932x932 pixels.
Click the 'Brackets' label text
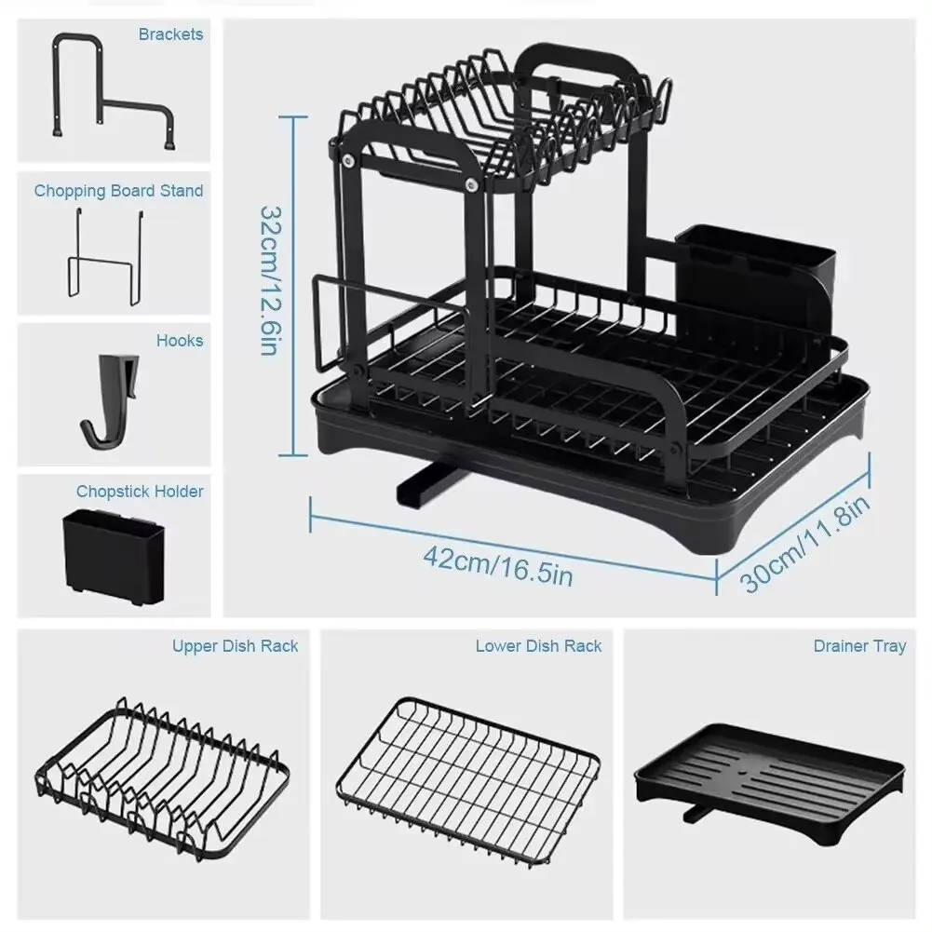point(170,34)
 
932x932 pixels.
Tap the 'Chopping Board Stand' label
point(118,191)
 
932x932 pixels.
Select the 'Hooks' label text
point(179,341)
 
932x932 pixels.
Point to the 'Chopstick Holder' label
point(140,491)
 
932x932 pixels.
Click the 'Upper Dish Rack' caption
point(235,645)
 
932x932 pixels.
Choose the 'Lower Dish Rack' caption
point(538,645)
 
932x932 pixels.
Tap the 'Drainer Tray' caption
point(858,645)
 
